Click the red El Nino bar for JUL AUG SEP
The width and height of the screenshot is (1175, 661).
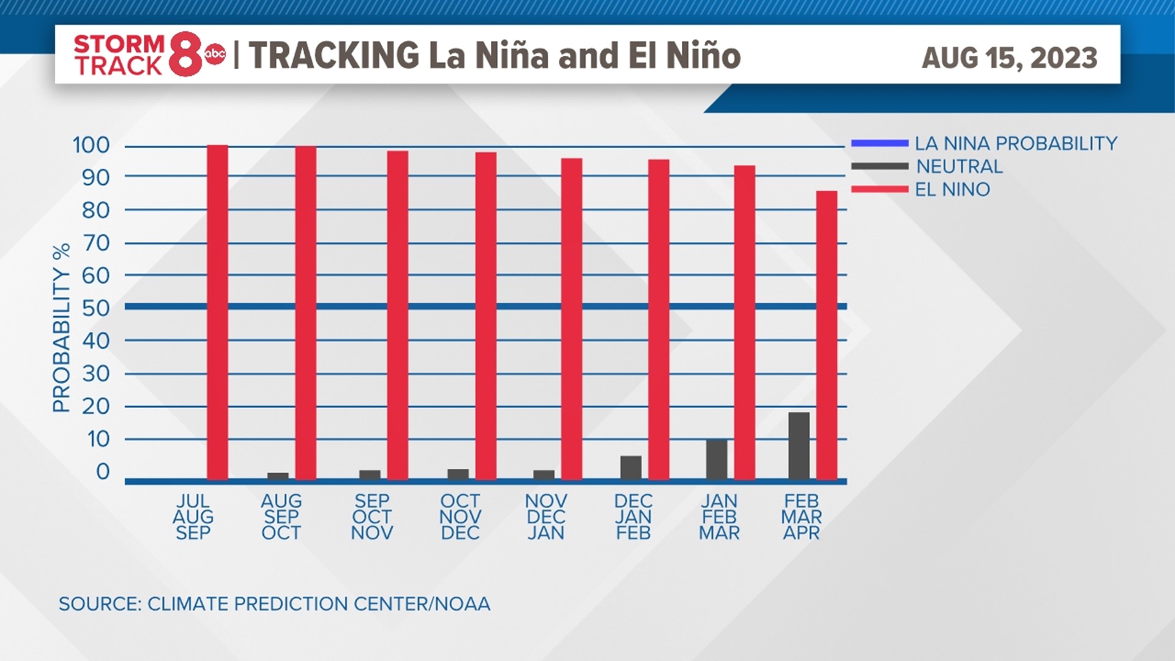point(217,312)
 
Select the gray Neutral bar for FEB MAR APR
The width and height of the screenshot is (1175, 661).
point(799,446)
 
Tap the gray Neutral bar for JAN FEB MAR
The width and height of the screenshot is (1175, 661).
point(717,459)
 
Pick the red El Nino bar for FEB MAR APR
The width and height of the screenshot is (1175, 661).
point(827,335)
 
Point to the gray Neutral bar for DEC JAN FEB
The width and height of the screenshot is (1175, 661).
point(631,468)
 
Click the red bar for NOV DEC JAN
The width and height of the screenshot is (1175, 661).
point(572,318)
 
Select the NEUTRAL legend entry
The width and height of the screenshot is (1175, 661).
point(959,166)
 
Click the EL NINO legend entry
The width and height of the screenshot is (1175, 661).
point(952,190)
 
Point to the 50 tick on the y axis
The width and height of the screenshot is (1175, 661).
point(96,308)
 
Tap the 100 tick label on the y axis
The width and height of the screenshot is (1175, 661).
point(91,145)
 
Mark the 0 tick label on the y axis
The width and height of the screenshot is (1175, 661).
point(103,471)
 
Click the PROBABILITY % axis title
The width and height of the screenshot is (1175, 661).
point(62,328)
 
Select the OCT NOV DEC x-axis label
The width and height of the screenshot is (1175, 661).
point(460,517)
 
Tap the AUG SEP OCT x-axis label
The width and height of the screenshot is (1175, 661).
point(282,517)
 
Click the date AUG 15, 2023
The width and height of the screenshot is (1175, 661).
point(1009,58)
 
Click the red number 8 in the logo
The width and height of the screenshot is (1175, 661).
point(185,55)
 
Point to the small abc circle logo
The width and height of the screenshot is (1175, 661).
point(215,54)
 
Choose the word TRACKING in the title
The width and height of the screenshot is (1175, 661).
point(334,55)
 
